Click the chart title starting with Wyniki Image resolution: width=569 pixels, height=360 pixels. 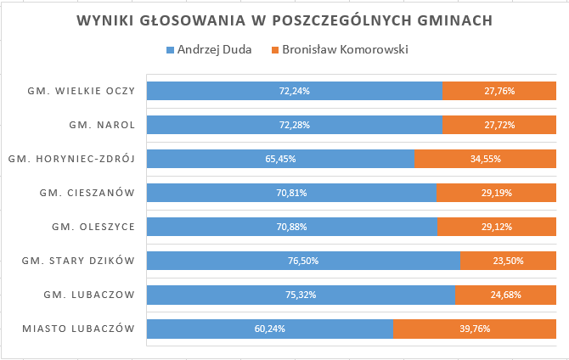pyautogui.click(x=284, y=20)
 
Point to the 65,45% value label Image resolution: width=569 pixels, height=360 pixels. pyautogui.click(x=280, y=159)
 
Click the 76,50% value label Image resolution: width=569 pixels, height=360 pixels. pyautogui.click(x=303, y=261)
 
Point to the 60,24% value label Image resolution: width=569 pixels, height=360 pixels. pyautogui.click(x=270, y=329)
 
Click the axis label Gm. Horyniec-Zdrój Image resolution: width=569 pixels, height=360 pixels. pyautogui.click(x=71, y=159)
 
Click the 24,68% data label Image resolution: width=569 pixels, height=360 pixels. pyautogui.click(x=505, y=295)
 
